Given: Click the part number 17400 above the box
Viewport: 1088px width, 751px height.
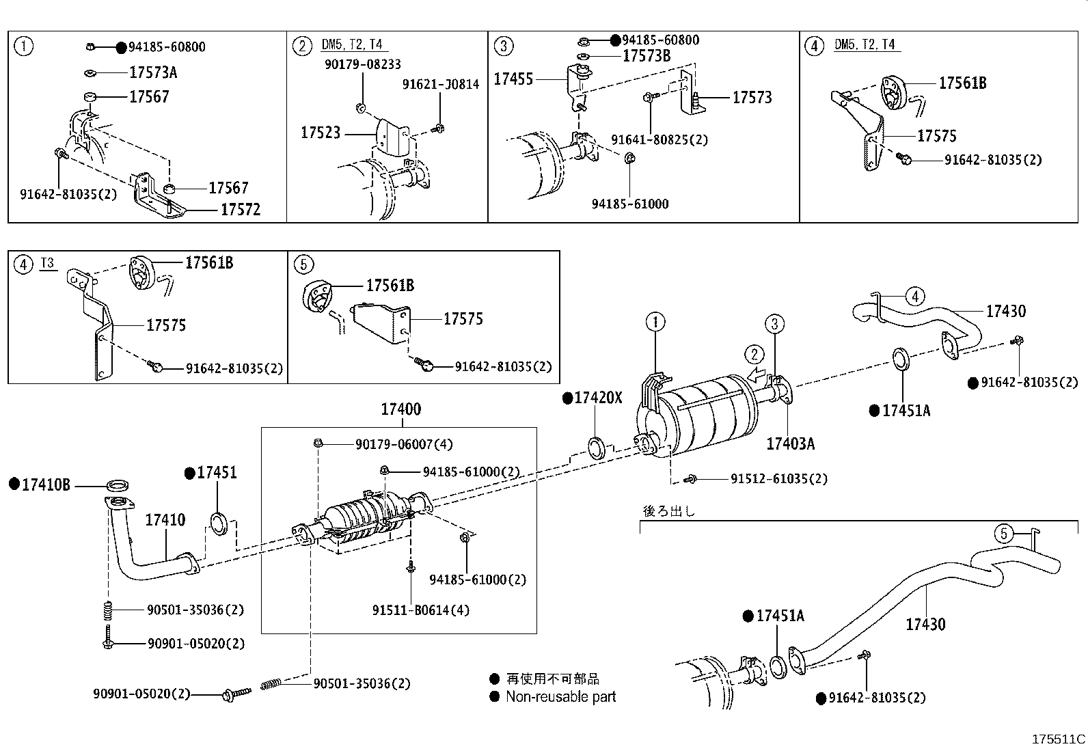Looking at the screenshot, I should click(400, 409).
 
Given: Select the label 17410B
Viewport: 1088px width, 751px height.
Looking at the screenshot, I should click(45, 484).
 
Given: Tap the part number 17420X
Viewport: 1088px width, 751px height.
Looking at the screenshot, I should click(598, 398).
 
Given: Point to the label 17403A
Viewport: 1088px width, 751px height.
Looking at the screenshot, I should click(790, 443).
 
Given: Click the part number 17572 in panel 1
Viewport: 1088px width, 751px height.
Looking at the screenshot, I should click(240, 210).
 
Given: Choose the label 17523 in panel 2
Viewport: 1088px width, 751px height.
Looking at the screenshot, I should click(320, 133).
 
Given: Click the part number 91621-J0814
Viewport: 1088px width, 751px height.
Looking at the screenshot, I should click(441, 84).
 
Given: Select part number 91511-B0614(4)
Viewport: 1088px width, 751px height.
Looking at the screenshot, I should click(421, 610).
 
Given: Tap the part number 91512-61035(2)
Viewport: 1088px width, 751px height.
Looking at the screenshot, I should click(778, 478).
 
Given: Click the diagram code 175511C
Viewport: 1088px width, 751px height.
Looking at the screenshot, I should click(1058, 739).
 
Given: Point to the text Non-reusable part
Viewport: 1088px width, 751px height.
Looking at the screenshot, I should click(560, 697).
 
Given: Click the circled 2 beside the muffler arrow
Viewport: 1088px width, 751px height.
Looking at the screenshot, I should click(754, 354).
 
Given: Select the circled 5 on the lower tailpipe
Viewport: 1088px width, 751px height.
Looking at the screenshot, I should click(1003, 533).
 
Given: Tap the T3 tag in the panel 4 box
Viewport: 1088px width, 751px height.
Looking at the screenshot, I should click(46, 263).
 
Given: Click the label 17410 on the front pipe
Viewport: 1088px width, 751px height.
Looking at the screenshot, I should click(165, 520).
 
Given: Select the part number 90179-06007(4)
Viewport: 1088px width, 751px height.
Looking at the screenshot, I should click(403, 444).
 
